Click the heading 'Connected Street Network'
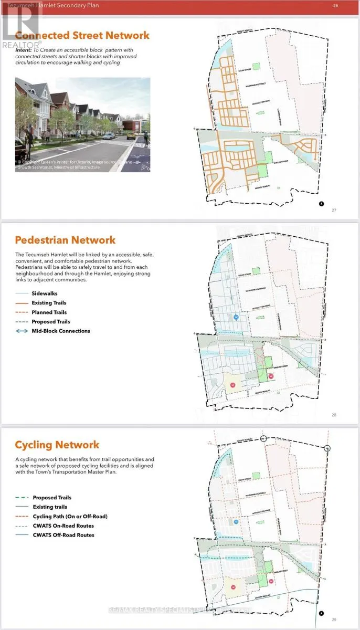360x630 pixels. [82, 36]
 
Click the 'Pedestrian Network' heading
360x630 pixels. [65, 240]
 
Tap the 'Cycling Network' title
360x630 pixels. [57, 445]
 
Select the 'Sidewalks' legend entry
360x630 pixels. [45, 293]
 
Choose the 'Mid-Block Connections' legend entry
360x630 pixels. [61, 331]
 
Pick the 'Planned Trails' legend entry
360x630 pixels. [49, 312]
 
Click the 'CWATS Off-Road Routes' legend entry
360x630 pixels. [63, 535]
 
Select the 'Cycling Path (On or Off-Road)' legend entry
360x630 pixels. [70, 516]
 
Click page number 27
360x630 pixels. [334, 210]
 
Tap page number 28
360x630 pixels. [334, 415]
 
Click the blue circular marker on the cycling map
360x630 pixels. [236, 521]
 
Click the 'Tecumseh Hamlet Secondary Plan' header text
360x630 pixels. [52, 5]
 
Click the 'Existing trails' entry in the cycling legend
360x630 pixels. [50, 507]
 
